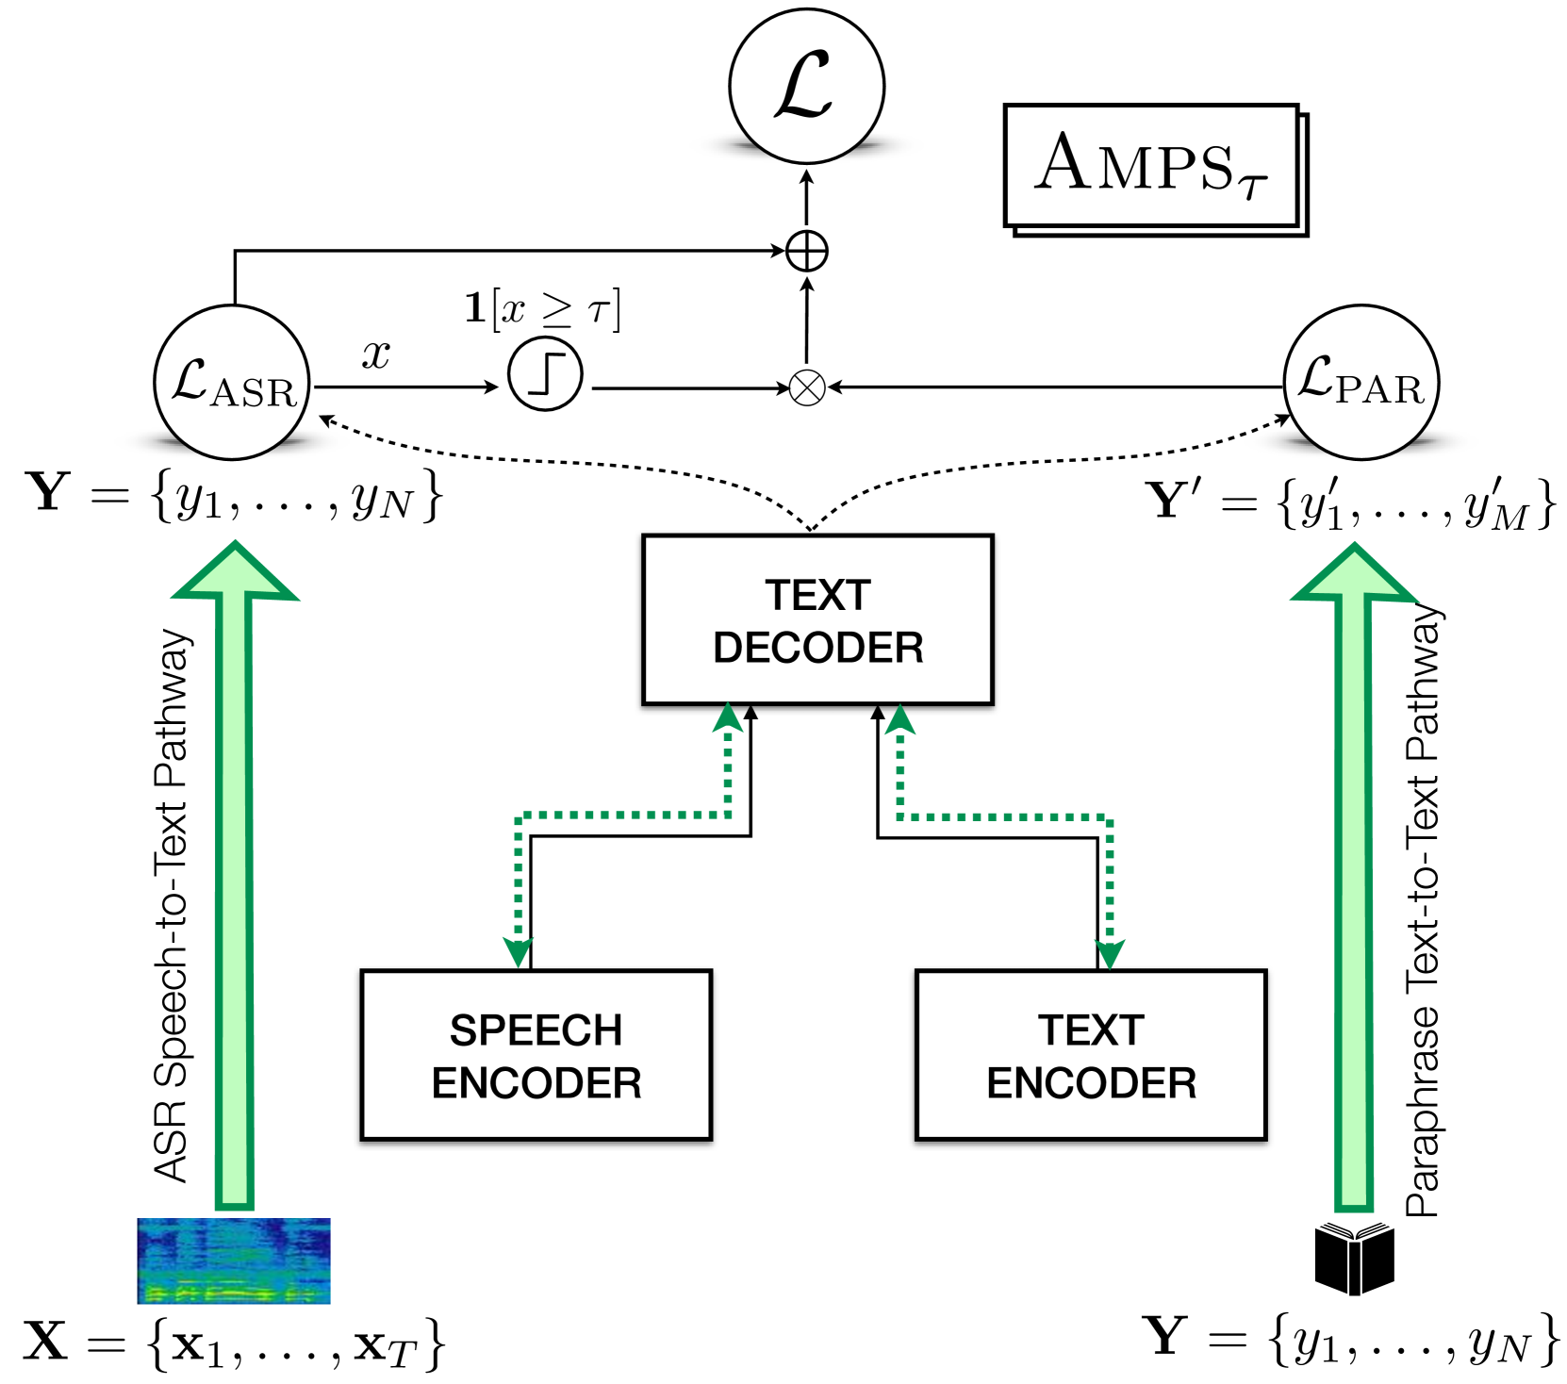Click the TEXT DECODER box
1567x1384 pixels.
(x=817, y=619)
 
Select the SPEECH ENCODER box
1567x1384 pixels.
(x=536, y=1055)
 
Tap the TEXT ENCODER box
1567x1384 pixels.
(x=1091, y=1055)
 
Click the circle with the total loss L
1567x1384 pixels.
(x=806, y=87)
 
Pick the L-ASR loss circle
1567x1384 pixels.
(x=232, y=383)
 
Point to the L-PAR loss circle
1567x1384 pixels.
(x=1361, y=382)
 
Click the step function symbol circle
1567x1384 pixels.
(x=545, y=374)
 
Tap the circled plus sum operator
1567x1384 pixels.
(x=807, y=252)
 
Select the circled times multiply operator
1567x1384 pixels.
(x=807, y=387)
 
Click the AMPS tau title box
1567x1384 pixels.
(x=1152, y=166)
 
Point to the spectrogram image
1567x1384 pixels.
(x=234, y=1260)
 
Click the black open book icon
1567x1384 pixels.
(x=1354, y=1258)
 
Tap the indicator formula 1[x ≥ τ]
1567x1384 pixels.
(x=543, y=309)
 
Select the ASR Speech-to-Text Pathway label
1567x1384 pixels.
(x=172, y=905)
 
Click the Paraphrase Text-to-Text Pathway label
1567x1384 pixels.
(x=1423, y=911)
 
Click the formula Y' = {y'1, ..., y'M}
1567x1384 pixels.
(x=1350, y=503)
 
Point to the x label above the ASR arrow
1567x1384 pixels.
(x=376, y=354)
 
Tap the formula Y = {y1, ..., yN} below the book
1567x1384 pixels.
(x=1350, y=1340)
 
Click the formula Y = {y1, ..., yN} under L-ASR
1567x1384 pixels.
(x=234, y=495)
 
